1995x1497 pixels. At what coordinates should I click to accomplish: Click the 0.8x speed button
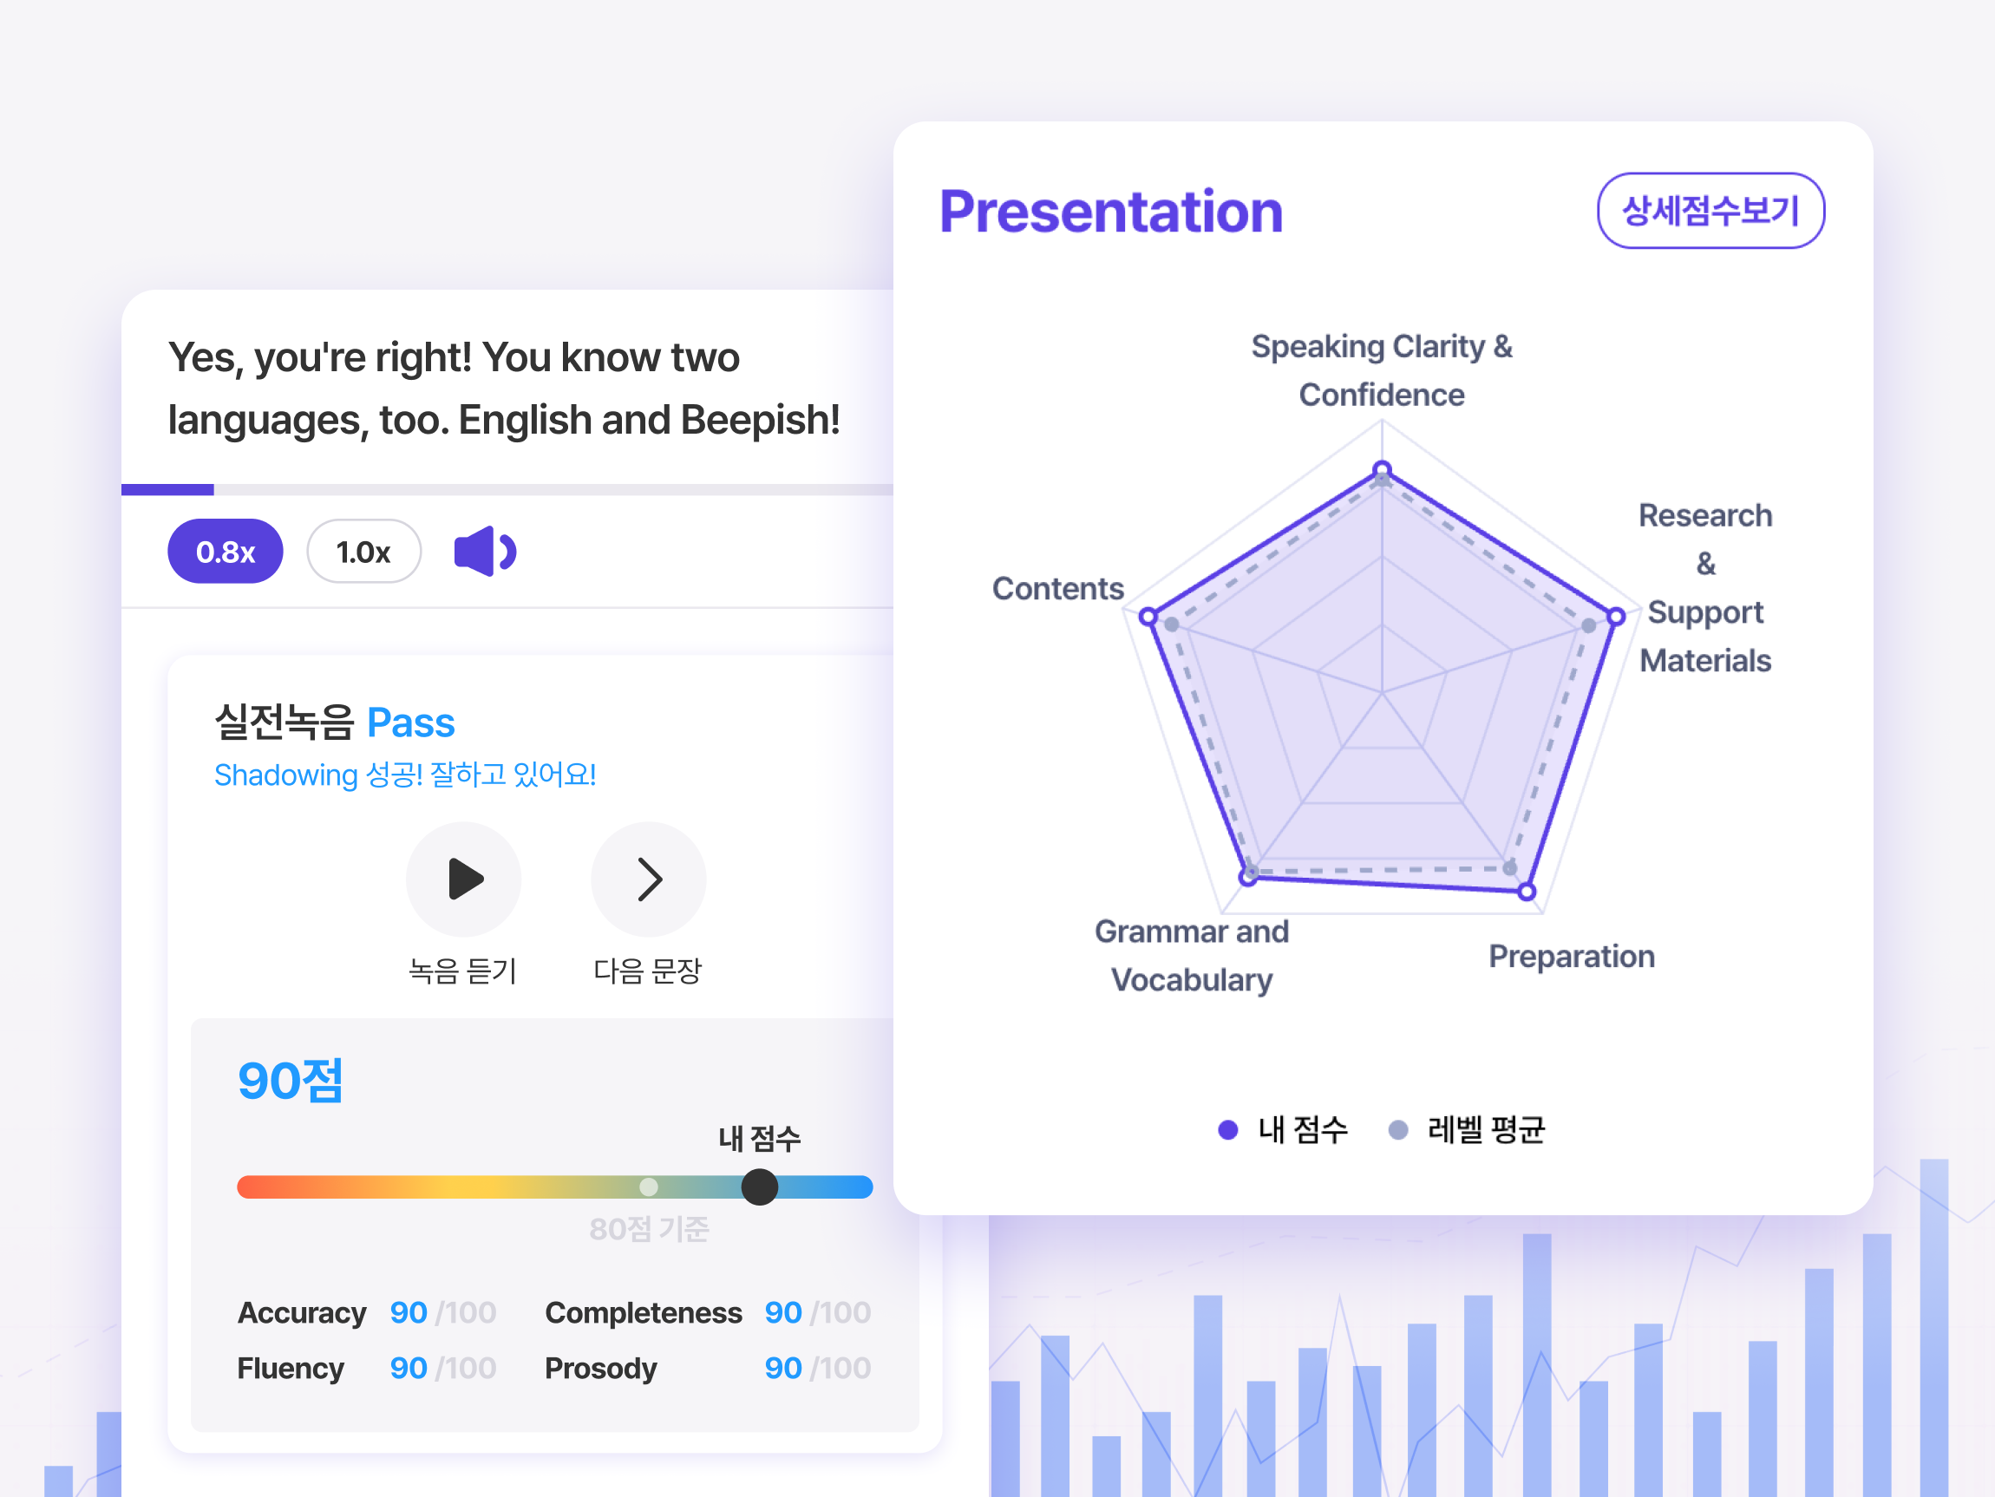226,551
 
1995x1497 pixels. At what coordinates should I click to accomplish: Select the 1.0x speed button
363,551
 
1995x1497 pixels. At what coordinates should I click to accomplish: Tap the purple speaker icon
484,551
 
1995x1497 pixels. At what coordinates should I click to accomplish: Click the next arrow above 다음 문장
649,879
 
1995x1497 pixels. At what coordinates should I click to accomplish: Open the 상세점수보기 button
1710,210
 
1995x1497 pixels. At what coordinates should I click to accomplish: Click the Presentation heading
1111,212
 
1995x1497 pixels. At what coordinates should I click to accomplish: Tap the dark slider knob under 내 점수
759,1186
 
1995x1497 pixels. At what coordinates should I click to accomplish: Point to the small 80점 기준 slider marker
649,1186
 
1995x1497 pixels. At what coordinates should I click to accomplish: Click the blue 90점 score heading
291,1081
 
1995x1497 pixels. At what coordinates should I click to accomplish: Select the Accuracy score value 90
408,1312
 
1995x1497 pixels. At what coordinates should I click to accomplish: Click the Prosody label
600,1368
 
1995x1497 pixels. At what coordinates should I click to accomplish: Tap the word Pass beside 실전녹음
410,722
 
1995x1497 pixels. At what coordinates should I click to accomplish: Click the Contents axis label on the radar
1058,588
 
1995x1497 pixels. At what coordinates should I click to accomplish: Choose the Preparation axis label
1571,956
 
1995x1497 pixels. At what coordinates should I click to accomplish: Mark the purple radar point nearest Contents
1148,617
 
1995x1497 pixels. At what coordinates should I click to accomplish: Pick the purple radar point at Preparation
1526,892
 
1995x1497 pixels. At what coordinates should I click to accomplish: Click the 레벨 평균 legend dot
1398,1130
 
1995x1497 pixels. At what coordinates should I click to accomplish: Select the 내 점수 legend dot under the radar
1227,1130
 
